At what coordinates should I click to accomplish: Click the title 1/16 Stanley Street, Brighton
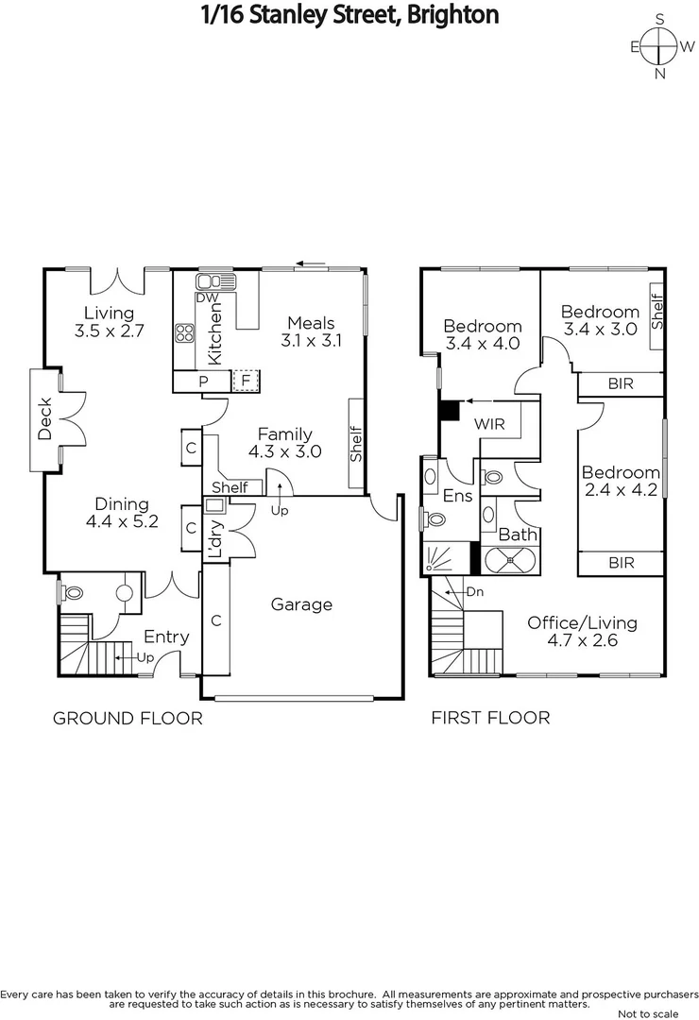pyautogui.click(x=349, y=14)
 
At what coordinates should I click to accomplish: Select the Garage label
pyautogui.click(x=302, y=604)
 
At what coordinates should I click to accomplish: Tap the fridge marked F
pyautogui.click(x=246, y=381)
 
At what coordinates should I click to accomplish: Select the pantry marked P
pyautogui.click(x=202, y=381)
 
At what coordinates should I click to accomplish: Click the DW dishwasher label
pyautogui.click(x=207, y=298)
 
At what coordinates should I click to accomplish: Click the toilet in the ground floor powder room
pyautogui.click(x=72, y=593)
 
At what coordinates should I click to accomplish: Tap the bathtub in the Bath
pyautogui.click(x=510, y=561)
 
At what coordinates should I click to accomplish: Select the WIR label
pyautogui.click(x=489, y=424)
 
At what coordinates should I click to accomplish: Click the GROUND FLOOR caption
pyautogui.click(x=128, y=719)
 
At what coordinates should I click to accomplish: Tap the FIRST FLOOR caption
pyautogui.click(x=490, y=718)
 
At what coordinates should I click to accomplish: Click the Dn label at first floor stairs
pyautogui.click(x=474, y=592)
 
